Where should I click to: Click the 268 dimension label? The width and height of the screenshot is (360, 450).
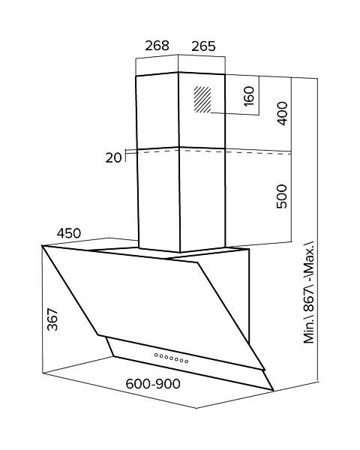(157, 46)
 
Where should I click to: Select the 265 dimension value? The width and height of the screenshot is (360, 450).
(203, 46)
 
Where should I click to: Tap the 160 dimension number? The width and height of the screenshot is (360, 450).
(249, 96)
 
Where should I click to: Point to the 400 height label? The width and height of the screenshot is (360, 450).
(282, 113)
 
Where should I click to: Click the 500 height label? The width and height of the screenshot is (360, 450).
(282, 196)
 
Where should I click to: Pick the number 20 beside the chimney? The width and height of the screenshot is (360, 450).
(113, 157)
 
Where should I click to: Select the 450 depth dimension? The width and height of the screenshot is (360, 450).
(69, 233)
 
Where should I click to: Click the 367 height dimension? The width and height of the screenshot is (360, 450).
(52, 319)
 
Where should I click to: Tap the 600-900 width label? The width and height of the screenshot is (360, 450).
(153, 384)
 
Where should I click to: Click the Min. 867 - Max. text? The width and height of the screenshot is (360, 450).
(309, 292)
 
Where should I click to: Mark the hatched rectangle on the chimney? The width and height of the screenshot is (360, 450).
(202, 100)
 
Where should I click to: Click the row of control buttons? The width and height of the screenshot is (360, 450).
(172, 358)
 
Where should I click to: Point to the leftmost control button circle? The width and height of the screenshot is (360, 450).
(156, 355)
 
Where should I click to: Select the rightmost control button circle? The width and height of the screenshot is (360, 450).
(187, 361)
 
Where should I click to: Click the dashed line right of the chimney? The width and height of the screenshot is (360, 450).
(259, 152)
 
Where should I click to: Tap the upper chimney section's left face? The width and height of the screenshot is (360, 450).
(157, 111)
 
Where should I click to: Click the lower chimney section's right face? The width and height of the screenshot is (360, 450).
(202, 200)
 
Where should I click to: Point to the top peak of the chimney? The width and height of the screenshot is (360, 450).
(178, 72)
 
